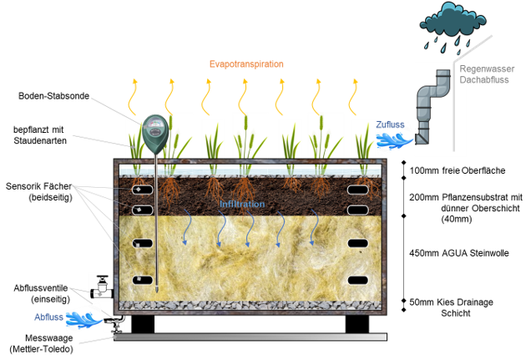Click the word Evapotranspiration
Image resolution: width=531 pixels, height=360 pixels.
click(x=246, y=63)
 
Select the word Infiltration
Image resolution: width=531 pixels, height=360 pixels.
click(x=242, y=204)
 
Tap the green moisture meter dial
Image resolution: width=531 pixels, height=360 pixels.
click(x=154, y=129)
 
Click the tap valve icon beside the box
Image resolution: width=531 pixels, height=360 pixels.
click(x=101, y=286)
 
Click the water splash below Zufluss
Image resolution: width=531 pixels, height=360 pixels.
click(x=392, y=139)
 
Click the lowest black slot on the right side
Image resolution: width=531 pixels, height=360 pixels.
click(x=357, y=280)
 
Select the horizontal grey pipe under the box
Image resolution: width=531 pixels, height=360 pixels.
click(x=250, y=337)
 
